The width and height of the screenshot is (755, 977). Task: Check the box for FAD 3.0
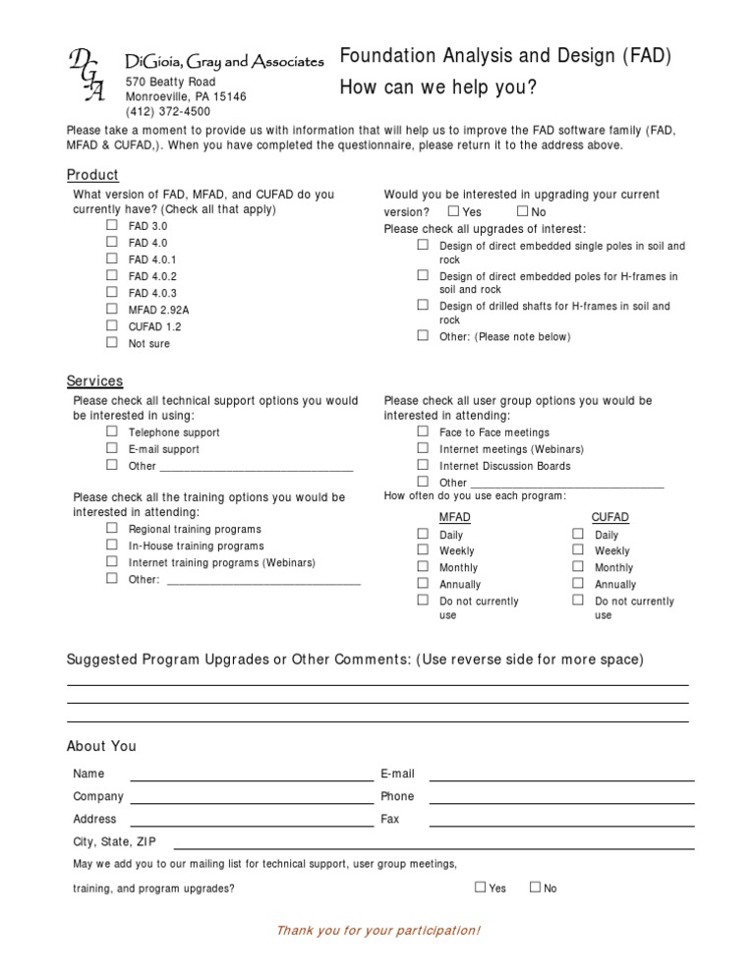tap(112, 225)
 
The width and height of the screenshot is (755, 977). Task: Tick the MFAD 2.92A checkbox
tap(112, 309)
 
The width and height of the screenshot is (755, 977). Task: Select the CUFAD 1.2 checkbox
tap(112, 325)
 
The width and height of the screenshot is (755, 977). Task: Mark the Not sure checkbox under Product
tap(112, 342)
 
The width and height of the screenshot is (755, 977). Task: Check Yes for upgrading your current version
tap(452, 211)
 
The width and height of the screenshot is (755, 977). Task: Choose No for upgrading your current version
tap(522, 211)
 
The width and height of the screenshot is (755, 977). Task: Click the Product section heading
tap(92, 175)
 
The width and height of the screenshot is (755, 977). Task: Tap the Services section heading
tap(94, 381)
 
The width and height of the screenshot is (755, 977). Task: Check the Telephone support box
tap(112, 431)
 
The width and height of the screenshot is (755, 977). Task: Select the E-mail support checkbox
tap(112, 448)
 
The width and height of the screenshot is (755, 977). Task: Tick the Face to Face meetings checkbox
tap(423, 431)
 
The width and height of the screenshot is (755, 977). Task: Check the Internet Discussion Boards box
tap(423, 465)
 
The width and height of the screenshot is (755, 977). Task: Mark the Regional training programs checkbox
tap(112, 528)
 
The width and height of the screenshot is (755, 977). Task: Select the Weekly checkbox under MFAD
tap(423, 550)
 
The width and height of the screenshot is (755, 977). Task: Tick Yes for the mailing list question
tap(481, 888)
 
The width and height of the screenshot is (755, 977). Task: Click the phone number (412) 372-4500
tap(168, 112)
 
